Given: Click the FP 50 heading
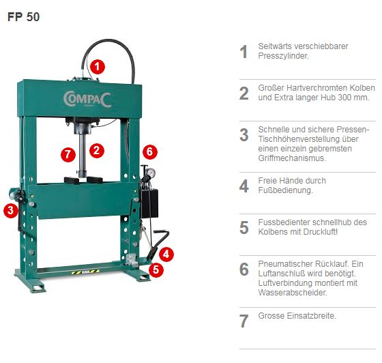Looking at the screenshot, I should (24, 17).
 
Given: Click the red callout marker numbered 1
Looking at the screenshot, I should (98, 66).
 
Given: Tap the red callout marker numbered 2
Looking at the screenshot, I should (98, 149).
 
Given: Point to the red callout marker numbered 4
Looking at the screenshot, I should (167, 254).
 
